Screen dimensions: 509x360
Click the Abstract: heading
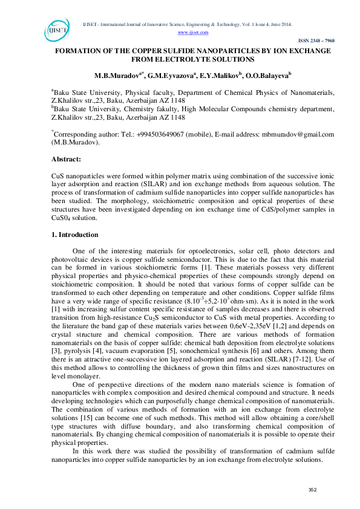coord(67,158)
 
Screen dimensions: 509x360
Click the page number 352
coord(313,489)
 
